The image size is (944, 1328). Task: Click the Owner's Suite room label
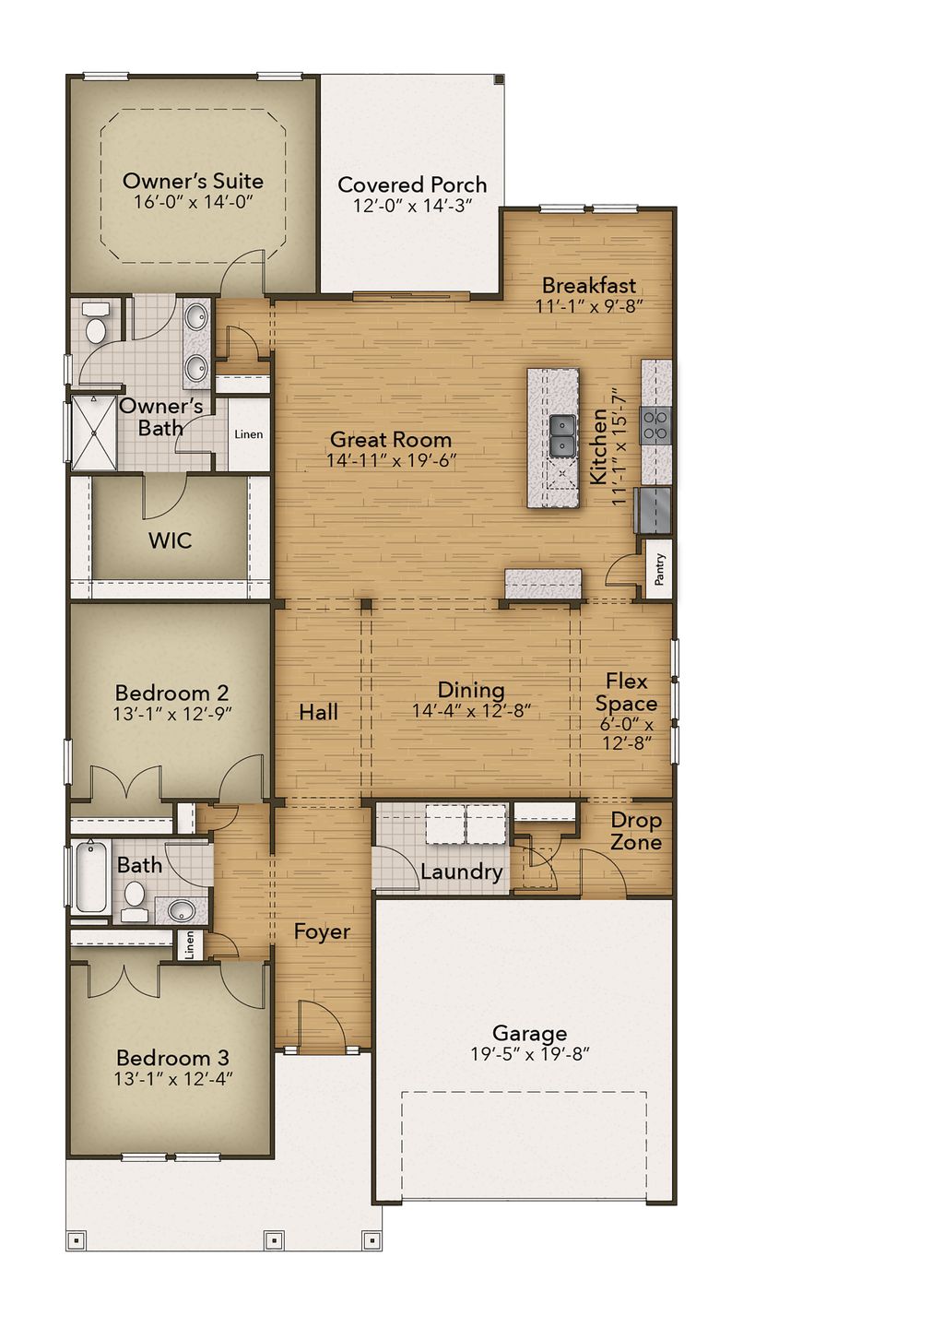coord(193,181)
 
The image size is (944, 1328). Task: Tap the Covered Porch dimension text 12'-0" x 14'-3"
coord(412,206)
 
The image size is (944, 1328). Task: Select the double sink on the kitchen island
coord(562,435)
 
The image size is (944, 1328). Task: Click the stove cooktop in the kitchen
coord(655,425)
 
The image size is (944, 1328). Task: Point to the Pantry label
coord(659,569)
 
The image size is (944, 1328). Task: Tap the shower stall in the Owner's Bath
coord(93,433)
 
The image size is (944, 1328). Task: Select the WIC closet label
coord(171,540)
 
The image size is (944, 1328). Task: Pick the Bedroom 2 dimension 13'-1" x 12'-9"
coord(172,713)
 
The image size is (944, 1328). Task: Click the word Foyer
coord(322,932)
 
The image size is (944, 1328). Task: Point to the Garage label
coord(529,1033)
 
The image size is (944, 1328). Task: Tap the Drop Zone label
coord(636,831)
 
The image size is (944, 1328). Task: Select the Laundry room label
coord(461,871)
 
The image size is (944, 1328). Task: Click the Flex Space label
coord(626,693)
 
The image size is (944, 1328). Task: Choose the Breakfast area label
coord(589,285)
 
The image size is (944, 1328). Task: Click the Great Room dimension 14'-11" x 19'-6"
coord(391,460)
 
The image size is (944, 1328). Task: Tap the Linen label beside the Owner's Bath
coord(248,434)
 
